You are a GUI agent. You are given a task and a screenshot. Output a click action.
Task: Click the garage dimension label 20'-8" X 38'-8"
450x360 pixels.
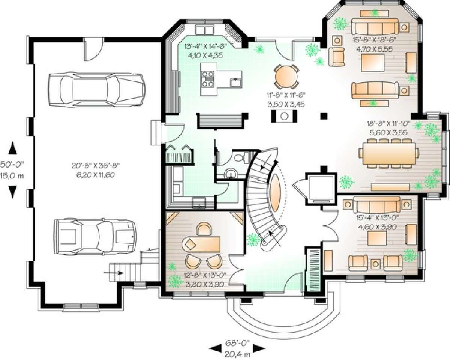[96, 166]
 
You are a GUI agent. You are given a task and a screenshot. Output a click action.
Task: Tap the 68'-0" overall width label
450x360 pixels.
[237, 343]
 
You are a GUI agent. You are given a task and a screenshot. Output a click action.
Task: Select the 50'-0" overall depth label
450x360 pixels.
[12, 164]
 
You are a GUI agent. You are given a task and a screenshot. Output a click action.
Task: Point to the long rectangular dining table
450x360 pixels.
[389, 153]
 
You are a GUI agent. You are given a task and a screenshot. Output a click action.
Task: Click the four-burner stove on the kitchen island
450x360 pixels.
[208, 79]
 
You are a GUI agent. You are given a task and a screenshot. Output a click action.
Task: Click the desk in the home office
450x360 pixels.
[201, 244]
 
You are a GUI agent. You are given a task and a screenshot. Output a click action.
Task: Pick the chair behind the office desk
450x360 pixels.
[204, 229]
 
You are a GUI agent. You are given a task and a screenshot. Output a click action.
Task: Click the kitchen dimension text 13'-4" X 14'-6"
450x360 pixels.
[205, 46]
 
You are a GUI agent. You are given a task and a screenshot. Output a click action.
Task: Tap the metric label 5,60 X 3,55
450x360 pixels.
[388, 133]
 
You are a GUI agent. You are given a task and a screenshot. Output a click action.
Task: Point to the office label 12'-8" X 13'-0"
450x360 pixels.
[206, 275]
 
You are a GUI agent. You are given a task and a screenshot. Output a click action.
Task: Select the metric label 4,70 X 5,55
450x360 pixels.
[374, 49]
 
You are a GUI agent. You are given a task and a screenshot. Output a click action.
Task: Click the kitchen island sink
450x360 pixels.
[236, 82]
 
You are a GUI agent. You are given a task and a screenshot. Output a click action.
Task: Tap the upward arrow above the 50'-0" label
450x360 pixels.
[12, 148]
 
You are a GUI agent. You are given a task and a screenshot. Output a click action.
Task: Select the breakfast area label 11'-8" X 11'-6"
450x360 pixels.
[286, 95]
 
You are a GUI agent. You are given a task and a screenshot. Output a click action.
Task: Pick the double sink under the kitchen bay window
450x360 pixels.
[205, 30]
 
